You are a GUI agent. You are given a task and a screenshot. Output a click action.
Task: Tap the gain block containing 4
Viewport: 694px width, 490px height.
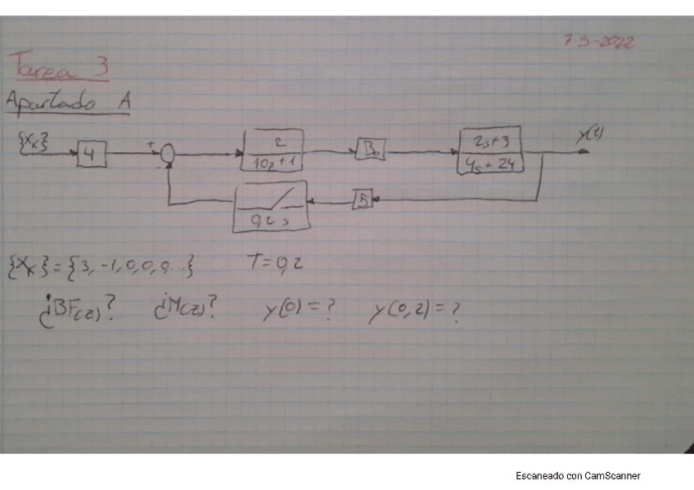[x=92, y=153]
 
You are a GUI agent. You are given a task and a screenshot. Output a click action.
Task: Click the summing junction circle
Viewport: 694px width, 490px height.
[x=169, y=153]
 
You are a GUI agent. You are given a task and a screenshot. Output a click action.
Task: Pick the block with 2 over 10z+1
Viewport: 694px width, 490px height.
[x=273, y=150]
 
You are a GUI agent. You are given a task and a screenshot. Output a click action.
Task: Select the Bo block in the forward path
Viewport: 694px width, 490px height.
[x=370, y=151]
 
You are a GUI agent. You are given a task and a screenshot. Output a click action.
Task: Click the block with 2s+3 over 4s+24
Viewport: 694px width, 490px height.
[x=491, y=152]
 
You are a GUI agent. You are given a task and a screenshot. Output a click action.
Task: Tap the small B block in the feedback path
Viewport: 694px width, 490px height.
[x=363, y=200]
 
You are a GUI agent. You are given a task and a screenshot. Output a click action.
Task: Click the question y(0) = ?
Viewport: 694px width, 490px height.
[x=298, y=312]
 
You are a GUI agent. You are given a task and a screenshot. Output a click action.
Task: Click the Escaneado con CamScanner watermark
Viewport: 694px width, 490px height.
[x=578, y=475]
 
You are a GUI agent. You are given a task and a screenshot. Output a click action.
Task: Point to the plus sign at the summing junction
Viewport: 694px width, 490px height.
[x=151, y=143]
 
